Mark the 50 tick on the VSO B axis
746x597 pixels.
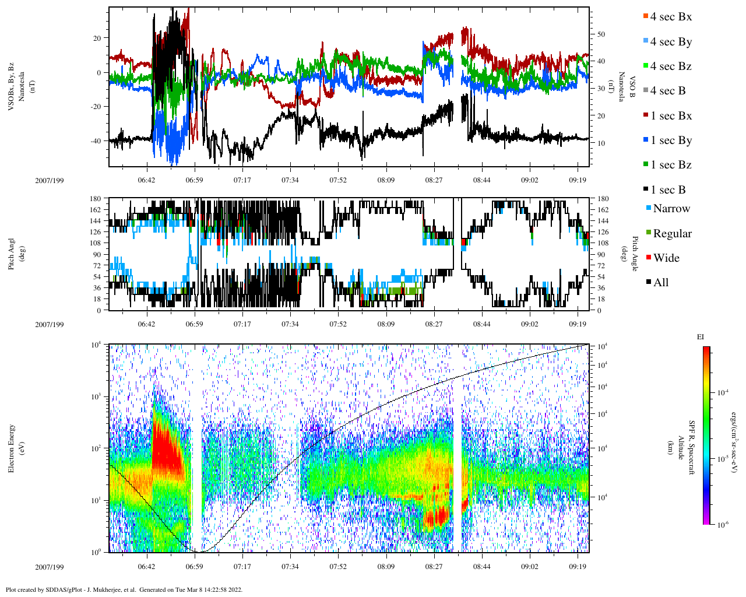click(x=601, y=34)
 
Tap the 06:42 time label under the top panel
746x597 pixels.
click(x=146, y=180)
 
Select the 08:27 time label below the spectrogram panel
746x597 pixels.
click(x=434, y=567)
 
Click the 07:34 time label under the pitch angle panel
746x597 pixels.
click(x=290, y=324)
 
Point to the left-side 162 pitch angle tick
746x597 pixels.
click(x=96, y=210)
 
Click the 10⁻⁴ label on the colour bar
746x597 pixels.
click(x=720, y=393)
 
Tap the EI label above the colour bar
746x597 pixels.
click(x=701, y=337)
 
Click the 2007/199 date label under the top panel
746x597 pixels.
click(x=50, y=180)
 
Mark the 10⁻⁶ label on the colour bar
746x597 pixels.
click(x=720, y=525)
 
